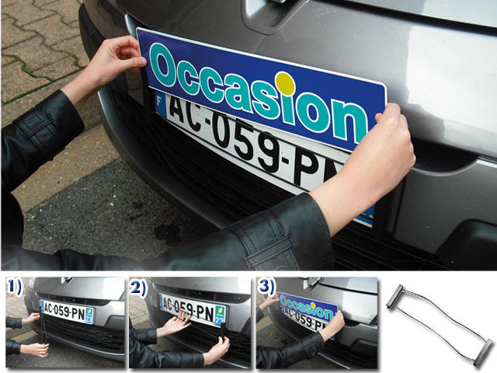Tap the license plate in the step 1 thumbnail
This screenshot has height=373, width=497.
click(x=67, y=312)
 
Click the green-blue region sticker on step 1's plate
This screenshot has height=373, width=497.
click(x=89, y=314)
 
